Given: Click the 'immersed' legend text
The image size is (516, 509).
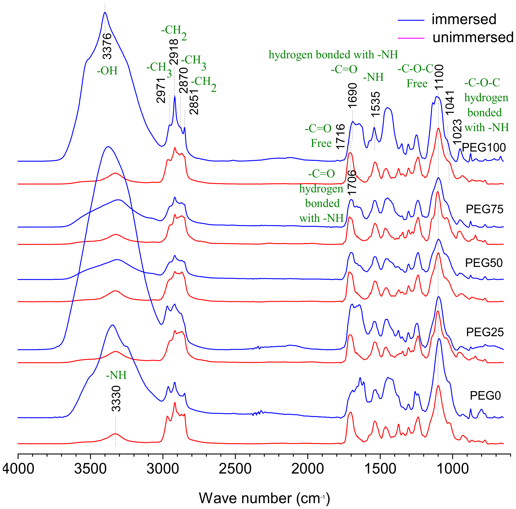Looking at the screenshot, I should (464, 19).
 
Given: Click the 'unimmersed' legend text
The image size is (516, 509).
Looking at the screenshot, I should (473, 37).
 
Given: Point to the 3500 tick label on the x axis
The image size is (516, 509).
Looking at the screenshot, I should (90, 469).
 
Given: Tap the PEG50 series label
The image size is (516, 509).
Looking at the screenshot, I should (484, 263).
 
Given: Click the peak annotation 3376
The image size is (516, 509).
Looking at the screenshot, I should (107, 46).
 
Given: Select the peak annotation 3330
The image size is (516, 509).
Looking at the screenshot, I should (116, 399).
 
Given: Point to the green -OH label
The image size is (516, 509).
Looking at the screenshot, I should (107, 71).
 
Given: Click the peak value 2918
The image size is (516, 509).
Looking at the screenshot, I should (174, 52).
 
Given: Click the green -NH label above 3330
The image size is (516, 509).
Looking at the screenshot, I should (116, 375).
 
